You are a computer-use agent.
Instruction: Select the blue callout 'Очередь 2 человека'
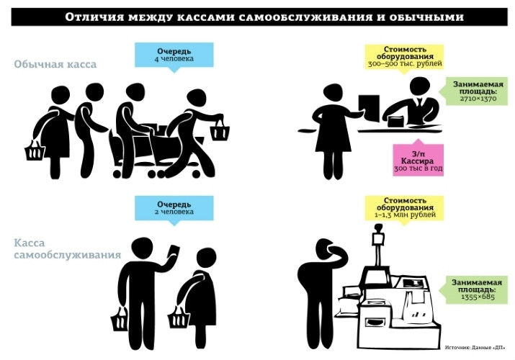coord(174,208)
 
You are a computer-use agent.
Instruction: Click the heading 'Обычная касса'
coord(55,64)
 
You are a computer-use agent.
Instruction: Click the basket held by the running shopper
coord(220,131)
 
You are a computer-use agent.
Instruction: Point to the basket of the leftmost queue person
coord(34,150)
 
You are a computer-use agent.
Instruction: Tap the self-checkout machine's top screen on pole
coord(377,235)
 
